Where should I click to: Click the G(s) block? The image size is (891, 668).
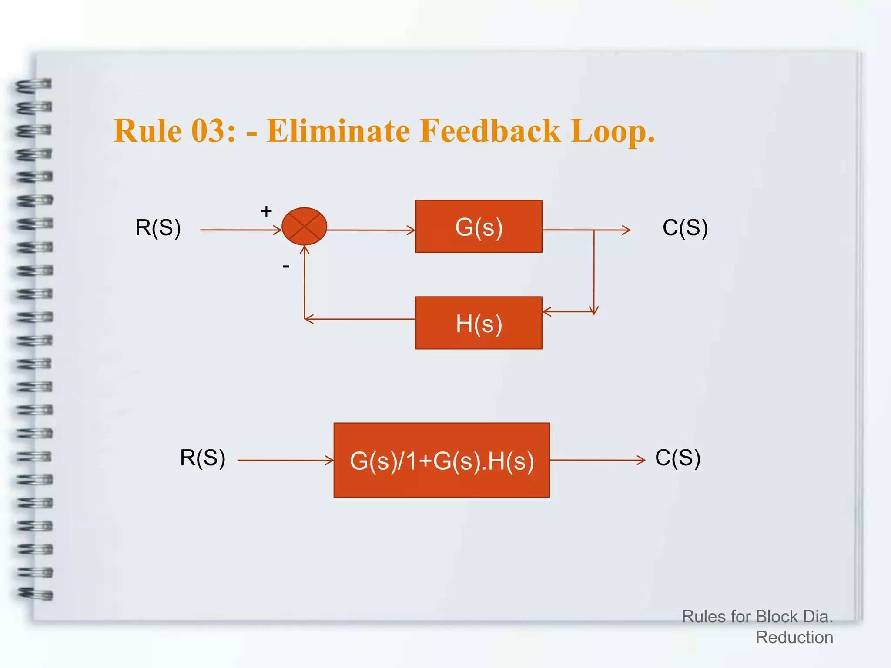tap(479, 227)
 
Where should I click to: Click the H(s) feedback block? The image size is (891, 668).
tap(479, 323)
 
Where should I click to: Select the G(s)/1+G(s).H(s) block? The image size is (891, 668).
tap(442, 460)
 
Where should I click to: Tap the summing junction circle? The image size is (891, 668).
tap(304, 226)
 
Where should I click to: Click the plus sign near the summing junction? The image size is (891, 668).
tap(266, 211)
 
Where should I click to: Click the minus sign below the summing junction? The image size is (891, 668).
tap(286, 266)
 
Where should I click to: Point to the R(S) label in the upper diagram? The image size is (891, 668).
tap(158, 227)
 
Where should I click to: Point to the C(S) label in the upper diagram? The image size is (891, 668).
tap(685, 227)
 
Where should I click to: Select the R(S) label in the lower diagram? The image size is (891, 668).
tap(203, 458)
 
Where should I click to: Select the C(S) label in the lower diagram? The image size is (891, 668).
tap(678, 458)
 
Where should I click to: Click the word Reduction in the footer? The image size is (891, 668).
tap(794, 637)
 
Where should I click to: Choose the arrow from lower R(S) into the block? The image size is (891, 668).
tap(285, 460)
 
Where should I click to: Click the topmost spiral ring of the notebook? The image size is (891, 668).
tap(34, 85)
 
